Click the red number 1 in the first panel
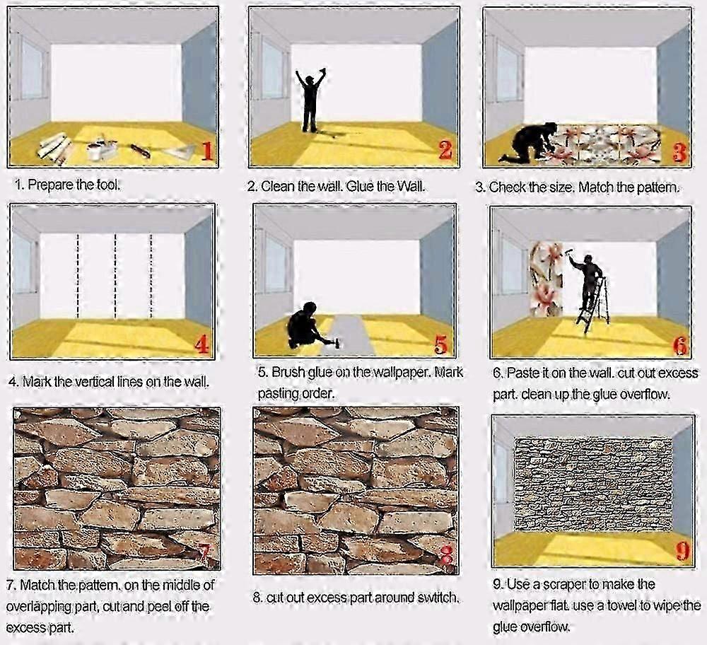(x=207, y=151)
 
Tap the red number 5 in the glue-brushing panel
(x=441, y=345)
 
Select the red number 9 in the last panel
(x=684, y=551)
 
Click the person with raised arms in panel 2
(x=310, y=100)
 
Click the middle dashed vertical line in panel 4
(x=115, y=276)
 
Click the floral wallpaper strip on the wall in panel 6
(x=547, y=279)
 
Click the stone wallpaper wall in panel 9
(x=593, y=484)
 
